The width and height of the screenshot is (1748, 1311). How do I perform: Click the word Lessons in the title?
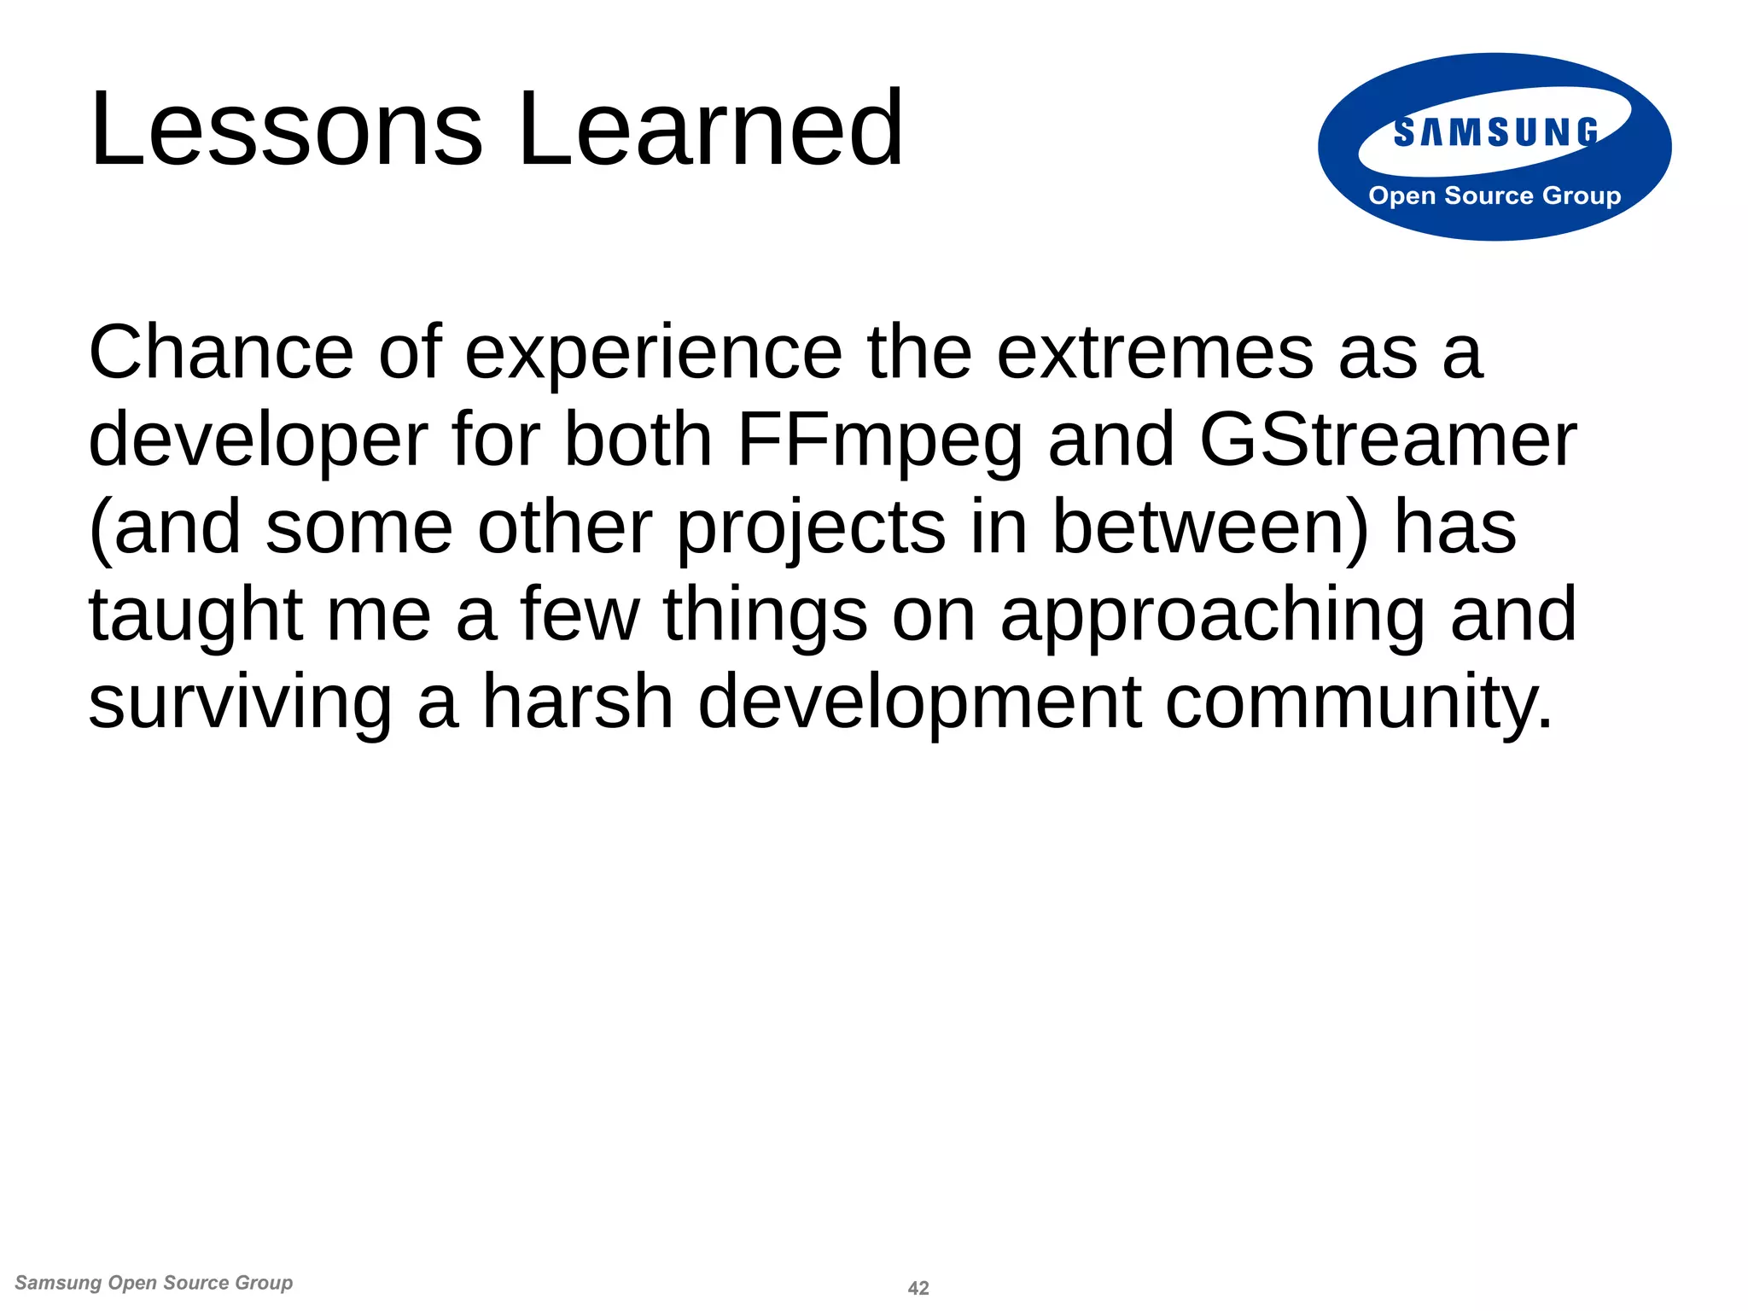click(287, 130)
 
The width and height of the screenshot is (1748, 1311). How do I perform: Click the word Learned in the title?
click(710, 130)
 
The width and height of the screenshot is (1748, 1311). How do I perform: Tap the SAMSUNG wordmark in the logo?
click(1495, 132)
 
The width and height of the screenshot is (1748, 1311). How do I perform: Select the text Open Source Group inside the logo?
click(1495, 195)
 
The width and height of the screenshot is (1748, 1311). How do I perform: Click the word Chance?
click(221, 353)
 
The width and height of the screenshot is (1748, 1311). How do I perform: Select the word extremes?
click(1155, 353)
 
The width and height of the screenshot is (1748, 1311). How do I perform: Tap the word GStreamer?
click(1388, 440)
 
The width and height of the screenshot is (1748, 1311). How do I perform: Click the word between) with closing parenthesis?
click(1210, 527)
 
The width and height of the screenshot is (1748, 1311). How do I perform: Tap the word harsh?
click(579, 702)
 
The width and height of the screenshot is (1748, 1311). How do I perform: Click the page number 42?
click(918, 1288)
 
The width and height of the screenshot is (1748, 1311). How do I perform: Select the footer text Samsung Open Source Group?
click(154, 1283)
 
